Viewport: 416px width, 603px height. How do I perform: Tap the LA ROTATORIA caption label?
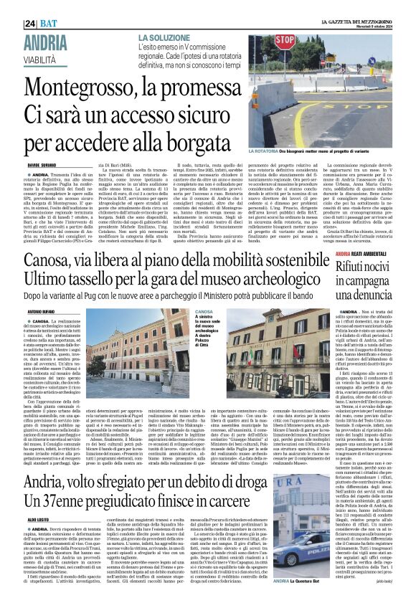tap(283, 153)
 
